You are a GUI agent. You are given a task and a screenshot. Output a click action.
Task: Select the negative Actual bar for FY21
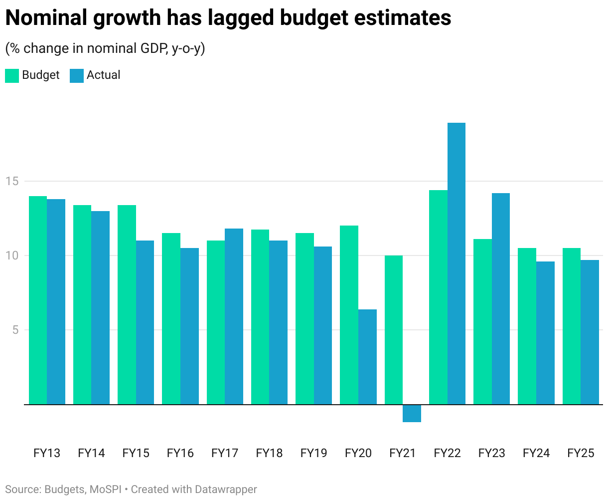click(x=412, y=413)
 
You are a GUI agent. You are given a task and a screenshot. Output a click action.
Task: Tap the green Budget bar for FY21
click(x=394, y=330)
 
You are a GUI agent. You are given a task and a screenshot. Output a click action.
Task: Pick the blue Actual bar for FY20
click(x=368, y=357)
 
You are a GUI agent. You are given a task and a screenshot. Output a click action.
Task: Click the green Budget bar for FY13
click(x=38, y=300)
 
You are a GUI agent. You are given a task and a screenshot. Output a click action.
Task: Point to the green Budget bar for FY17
click(x=216, y=322)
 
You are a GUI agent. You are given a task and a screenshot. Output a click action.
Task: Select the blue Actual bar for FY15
click(x=145, y=322)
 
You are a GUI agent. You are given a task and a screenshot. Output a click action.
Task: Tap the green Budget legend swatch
click(x=12, y=75)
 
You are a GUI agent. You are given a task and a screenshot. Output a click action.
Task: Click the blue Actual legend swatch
click(x=77, y=75)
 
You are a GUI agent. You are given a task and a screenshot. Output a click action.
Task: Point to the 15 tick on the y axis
click(x=12, y=181)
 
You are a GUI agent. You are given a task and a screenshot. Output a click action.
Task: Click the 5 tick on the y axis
click(x=15, y=330)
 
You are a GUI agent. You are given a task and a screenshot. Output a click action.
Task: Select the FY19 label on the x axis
click(x=314, y=453)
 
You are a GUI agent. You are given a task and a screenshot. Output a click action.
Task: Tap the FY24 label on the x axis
click(x=536, y=453)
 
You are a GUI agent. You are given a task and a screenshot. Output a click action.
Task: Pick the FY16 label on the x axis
click(x=180, y=453)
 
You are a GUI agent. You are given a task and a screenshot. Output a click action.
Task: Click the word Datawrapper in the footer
click(x=226, y=490)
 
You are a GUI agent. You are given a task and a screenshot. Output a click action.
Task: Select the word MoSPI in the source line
click(x=106, y=490)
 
